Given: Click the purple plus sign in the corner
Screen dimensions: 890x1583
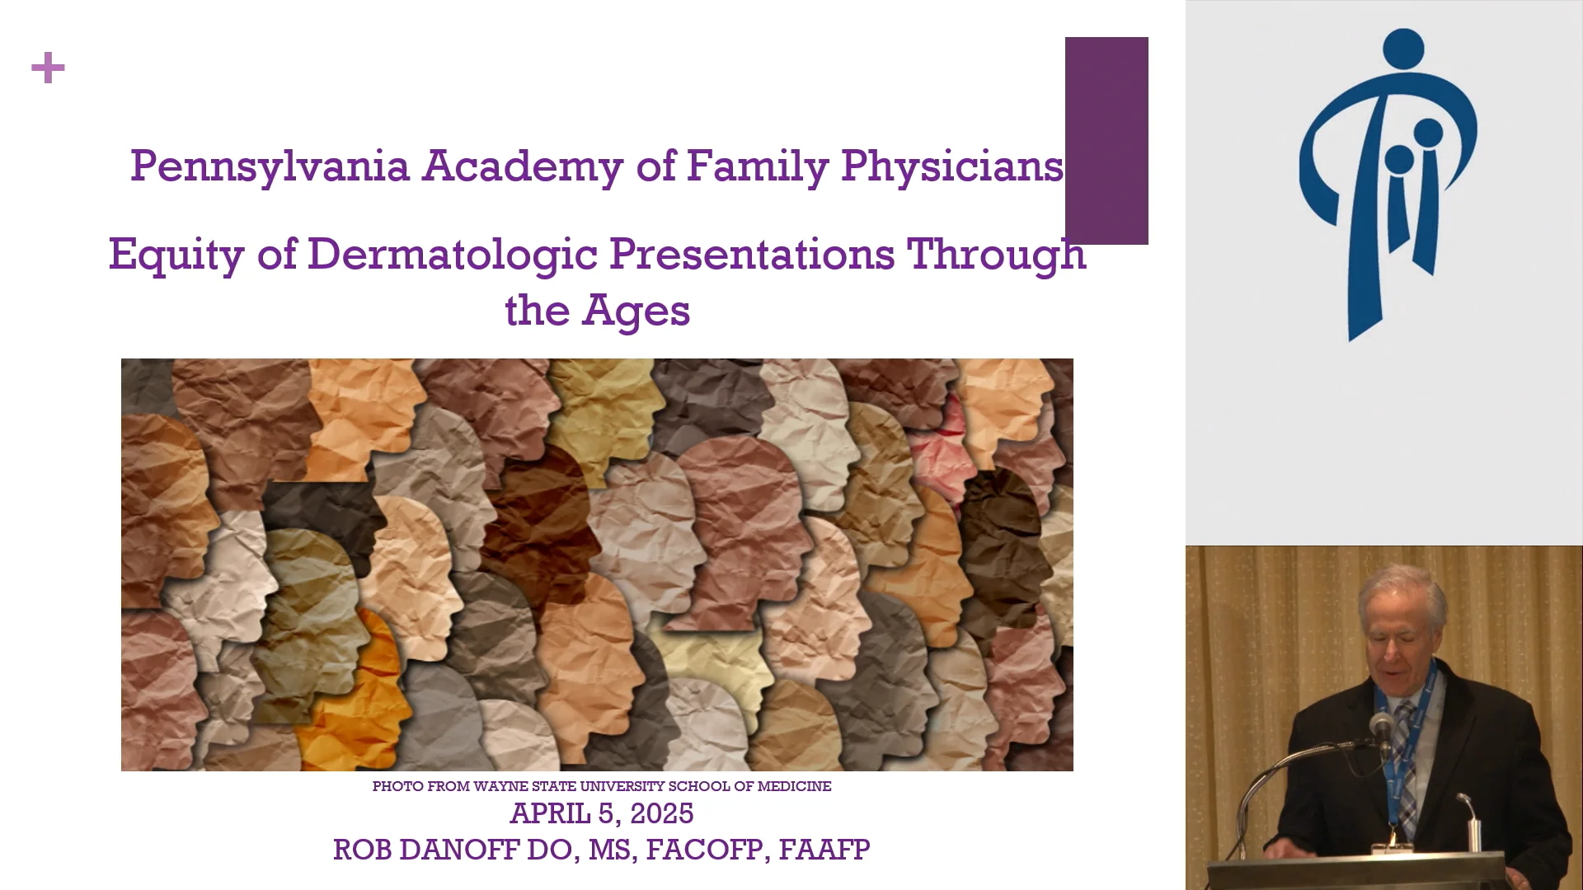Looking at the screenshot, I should [48, 68].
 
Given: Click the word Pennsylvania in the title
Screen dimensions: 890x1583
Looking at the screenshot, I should [270, 166].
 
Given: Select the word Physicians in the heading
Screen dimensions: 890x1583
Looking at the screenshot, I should [951, 166].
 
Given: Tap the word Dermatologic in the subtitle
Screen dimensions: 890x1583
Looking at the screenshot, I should [452, 254].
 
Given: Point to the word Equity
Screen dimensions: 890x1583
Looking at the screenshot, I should [176, 254].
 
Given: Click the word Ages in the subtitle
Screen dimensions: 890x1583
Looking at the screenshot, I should [636, 311].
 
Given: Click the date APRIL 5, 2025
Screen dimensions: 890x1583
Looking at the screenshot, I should [601, 813].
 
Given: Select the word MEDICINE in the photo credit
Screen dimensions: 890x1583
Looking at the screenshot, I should [794, 786].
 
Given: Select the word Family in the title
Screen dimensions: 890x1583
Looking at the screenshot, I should [757, 166].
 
